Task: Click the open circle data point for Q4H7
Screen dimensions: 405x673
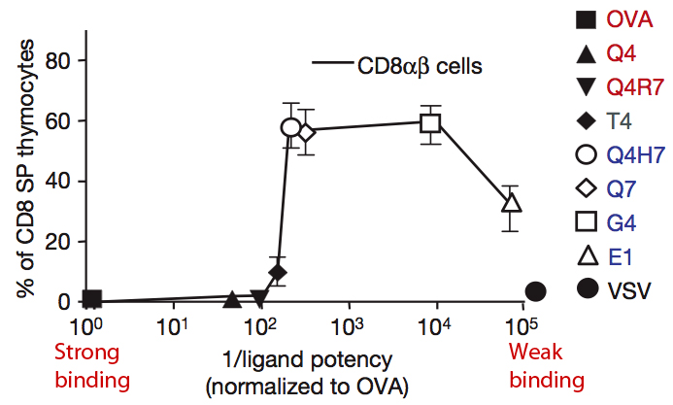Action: click(290, 127)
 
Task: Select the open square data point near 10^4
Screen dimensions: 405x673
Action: click(430, 122)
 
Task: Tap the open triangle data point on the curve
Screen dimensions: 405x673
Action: click(513, 203)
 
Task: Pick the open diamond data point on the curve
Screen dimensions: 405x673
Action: click(307, 132)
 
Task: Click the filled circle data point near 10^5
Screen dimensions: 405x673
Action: click(535, 291)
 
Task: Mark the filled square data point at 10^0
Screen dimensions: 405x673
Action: click(92, 299)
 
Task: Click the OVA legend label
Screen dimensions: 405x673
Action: click(628, 19)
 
